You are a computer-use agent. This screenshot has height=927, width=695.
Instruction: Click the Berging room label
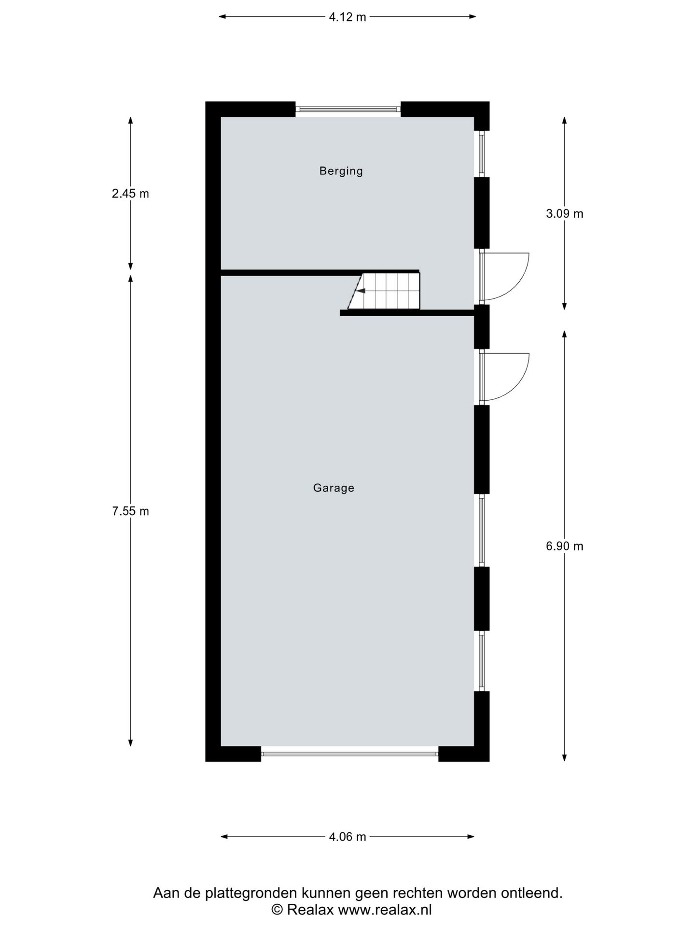pyautogui.click(x=341, y=171)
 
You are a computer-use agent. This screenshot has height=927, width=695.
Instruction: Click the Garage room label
pyautogui.click(x=334, y=488)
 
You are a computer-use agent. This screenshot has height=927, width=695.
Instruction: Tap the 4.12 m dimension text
pyautogui.click(x=347, y=17)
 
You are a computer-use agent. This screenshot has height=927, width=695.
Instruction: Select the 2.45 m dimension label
pyautogui.click(x=130, y=194)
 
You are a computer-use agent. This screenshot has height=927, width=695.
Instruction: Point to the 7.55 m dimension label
pyautogui.click(x=130, y=511)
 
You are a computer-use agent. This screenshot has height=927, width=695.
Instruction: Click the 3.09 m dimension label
pyautogui.click(x=564, y=213)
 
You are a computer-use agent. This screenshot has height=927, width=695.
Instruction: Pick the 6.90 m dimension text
pyautogui.click(x=564, y=546)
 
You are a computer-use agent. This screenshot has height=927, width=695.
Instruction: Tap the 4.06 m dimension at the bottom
pyautogui.click(x=347, y=837)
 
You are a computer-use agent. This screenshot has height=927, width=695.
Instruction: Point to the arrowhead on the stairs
pyautogui.click(x=360, y=291)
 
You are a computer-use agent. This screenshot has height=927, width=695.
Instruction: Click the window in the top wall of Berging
pyautogui.click(x=348, y=110)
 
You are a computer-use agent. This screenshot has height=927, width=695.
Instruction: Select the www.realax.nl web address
pyautogui.click(x=385, y=910)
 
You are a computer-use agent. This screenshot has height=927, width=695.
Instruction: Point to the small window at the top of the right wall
pyautogui.click(x=481, y=154)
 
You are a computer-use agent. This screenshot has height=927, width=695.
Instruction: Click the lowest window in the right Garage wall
pyautogui.click(x=481, y=660)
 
